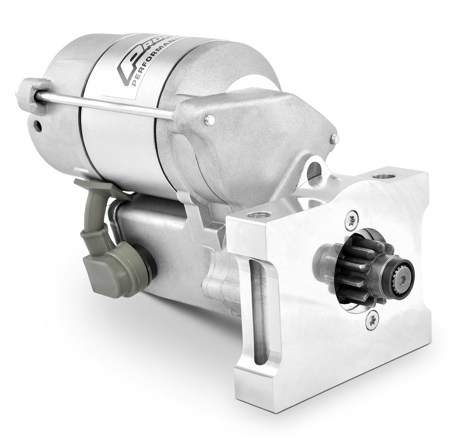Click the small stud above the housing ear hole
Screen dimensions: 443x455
tap(334, 138)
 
